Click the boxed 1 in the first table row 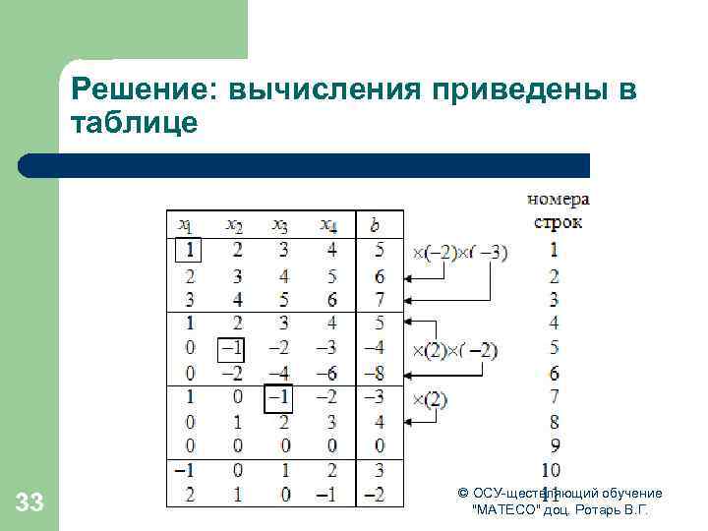point(188,252)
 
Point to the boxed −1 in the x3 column point(279,396)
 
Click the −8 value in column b point(375,373)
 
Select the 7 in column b point(379,300)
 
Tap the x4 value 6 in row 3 point(330,300)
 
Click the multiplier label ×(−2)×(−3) point(459,253)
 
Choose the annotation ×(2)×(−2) point(455,350)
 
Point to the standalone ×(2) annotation point(431,398)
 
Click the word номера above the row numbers point(558,200)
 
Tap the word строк point(558,221)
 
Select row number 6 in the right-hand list point(554,373)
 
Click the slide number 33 point(29,503)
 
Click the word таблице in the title point(134,123)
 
